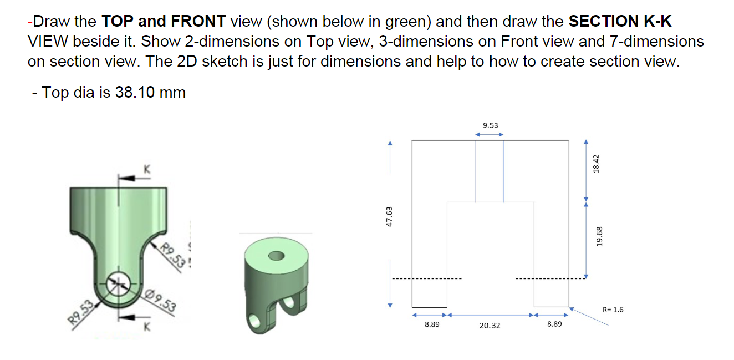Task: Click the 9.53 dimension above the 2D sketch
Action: point(490,125)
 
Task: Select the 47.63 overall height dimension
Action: point(389,216)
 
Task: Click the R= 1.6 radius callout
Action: point(612,310)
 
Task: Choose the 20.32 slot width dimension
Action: point(490,326)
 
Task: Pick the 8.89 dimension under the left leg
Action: point(432,324)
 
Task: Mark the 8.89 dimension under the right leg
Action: point(554,324)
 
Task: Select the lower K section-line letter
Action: point(147,327)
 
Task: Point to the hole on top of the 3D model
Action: point(276,256)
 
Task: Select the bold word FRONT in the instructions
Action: point(198,22)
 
